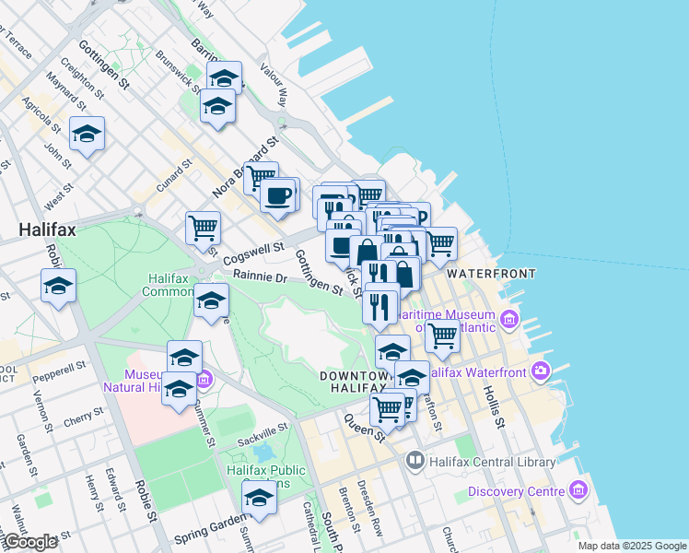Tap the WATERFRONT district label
pos(490,274)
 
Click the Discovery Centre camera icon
pos(579,489)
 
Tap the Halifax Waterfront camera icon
pos(541,372)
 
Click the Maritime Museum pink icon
pos(509,320)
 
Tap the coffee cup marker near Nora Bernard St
pos(277,195)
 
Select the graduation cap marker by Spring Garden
pos(260,500)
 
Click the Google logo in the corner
pos(30,542)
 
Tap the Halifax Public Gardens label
pos(266,477)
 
